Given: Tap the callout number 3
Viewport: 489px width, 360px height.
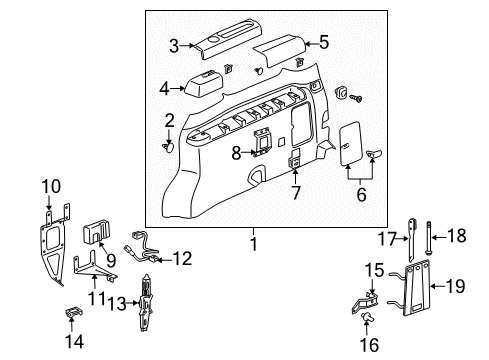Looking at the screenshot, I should point(174,44).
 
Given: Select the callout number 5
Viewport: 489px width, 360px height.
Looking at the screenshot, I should point(323,42).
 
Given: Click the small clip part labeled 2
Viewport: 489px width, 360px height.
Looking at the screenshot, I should point(169,146).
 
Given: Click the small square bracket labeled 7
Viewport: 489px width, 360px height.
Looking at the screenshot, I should point(296,159).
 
